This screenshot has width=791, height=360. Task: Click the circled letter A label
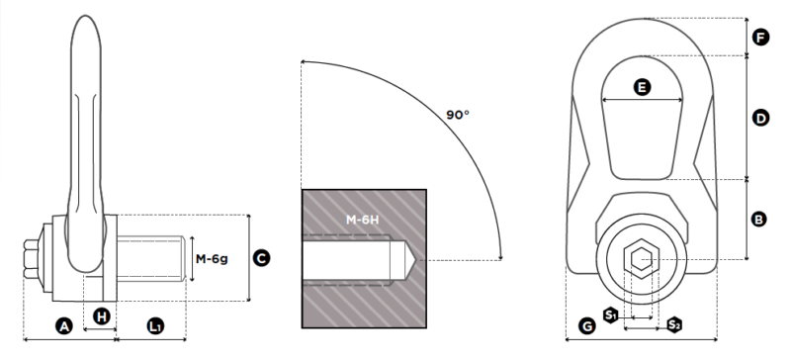[x=63, y=326]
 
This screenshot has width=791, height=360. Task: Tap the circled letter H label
[x=102, y=316]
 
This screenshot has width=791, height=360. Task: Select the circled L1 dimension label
[x=156, y=326]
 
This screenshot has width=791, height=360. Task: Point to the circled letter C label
[x=261, y=258]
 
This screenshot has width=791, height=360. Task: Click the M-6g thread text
[x=212, y=259]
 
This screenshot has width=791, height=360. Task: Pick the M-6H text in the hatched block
[x=362, y=220]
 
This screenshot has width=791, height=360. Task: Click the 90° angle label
[x=458, y=115]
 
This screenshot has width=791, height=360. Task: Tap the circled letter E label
[x=642, y=87]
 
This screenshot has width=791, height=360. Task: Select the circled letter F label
[x=760, y=37]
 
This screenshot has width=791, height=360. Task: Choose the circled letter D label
[x=760, y=118]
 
